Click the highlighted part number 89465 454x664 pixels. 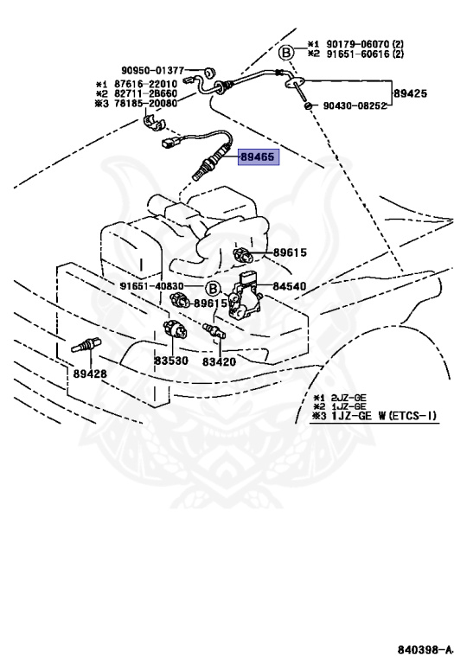tap(258, 156)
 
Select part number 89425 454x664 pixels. tap(410, 93)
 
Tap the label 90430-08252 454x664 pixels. tap(355, 105)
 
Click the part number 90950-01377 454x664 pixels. tap(153, 70)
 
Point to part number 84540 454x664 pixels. tap(289, 286)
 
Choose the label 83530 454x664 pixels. tap(170, 361)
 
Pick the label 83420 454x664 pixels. tap(219, 361)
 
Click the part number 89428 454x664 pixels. tap(90, 373)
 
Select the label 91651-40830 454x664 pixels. tap(151, 286)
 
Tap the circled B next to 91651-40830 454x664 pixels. tap(213, 290)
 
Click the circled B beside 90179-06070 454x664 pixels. tap(286, 54)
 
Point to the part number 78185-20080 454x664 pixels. tap(145, 103)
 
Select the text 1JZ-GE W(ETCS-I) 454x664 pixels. tap(384, 415)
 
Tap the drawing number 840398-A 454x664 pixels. tap(424, 649)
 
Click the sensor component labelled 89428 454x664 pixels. tap(86, 344)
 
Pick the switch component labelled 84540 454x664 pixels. tap(245, 296)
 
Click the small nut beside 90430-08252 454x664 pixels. tap(309, 105)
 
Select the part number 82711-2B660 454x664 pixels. tap(145, 93)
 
